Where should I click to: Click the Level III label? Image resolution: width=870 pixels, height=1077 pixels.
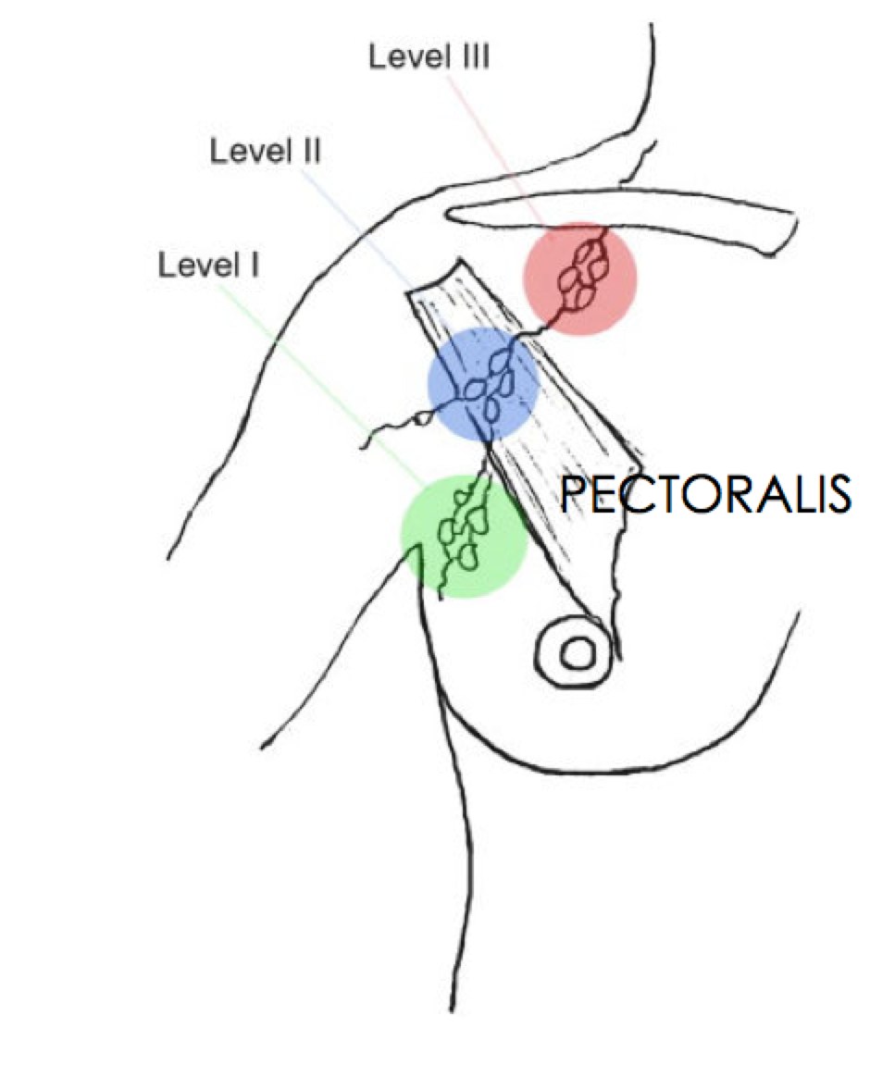(429, 58)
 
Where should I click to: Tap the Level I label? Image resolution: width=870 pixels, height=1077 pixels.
(208, 266)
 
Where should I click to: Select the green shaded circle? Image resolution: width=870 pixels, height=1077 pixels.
(464, 536)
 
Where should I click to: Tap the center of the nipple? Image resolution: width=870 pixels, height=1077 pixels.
(578, 653)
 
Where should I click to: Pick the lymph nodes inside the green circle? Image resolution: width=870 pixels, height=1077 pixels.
(464, 532)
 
